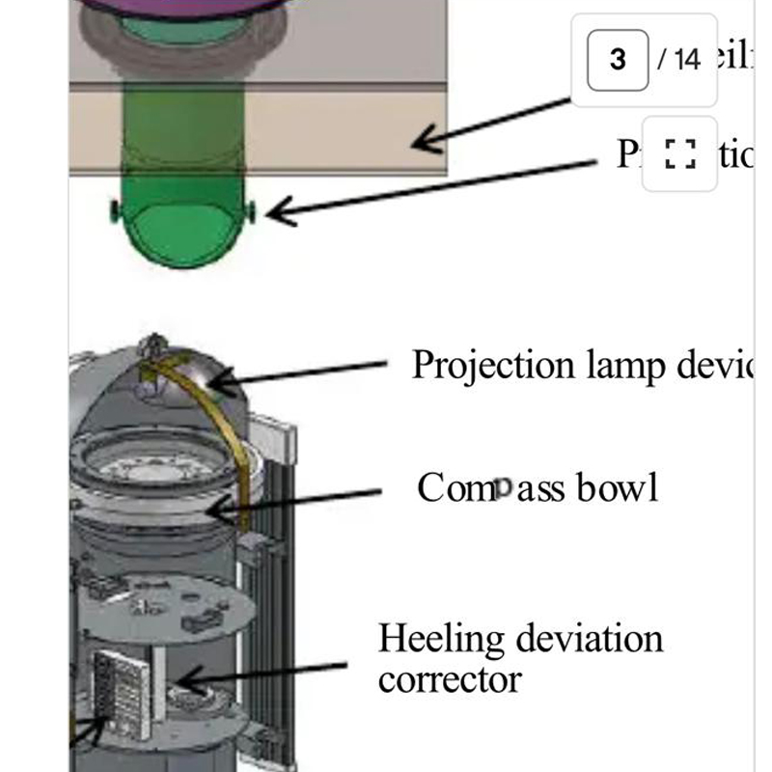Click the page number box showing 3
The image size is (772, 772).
click(x=618, y=59)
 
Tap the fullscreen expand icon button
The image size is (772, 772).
click(x=680, y=153)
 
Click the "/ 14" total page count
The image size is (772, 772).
click(x=679, y=59)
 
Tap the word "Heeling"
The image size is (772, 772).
click(x=441, y=639)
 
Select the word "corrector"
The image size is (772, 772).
click(x=450, y=679)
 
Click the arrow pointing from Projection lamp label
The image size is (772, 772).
click(x=299, y=374)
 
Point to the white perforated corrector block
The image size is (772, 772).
click(x=121, y=690)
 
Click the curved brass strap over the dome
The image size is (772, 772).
click(x=232, y=434)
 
